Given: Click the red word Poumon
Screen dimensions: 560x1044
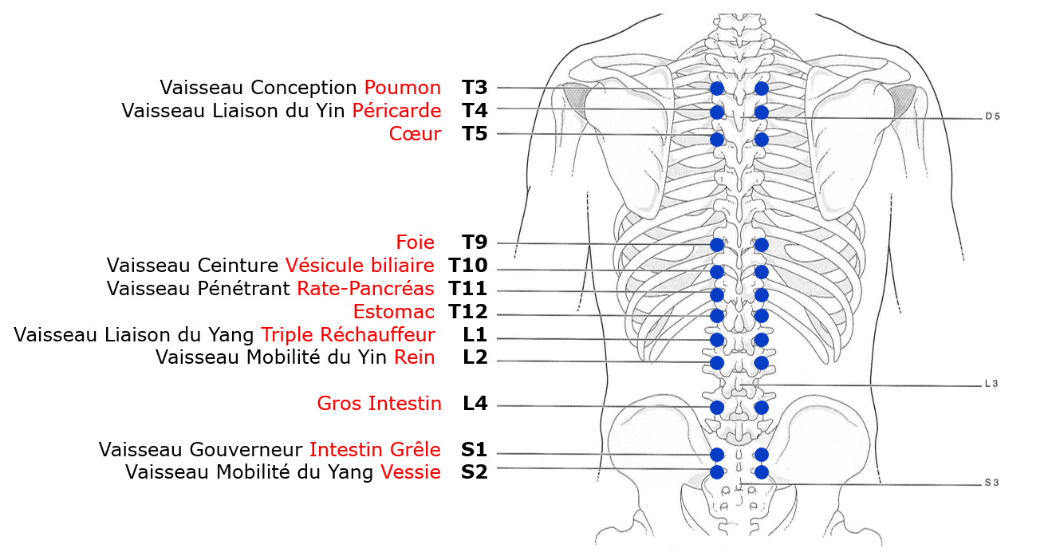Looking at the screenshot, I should [x=402, y=88].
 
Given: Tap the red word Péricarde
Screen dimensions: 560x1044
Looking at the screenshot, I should [x=396, y=110].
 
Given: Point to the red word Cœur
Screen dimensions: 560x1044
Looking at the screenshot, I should [x=415, y=134].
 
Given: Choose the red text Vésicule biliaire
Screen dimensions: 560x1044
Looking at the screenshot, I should [x=360, y=266].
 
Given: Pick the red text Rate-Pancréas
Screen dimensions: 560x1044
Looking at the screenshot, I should [x=365, y=289].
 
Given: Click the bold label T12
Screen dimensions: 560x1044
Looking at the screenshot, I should [x=467, y=312].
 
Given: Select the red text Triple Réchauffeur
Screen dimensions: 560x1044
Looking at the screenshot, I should [x=348, y=335].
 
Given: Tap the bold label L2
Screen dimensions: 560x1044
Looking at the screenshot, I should [x=475, y=357].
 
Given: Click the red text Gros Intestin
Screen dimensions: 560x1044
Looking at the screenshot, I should [x=379, y=404].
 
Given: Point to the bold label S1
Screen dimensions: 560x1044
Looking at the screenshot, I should [x=474, y=450].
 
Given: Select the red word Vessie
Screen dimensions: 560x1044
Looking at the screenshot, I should [x=410, y=472].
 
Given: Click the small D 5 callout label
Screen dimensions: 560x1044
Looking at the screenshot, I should [x=991, y=116].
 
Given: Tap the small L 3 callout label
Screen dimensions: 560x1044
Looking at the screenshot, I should [x=991, y=384].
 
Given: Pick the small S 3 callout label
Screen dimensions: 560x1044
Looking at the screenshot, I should [x=991, y=483].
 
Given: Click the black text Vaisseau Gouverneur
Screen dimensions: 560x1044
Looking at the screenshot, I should [x=201, y=450].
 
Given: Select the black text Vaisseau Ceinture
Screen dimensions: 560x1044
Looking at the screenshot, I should [x=192, y=266].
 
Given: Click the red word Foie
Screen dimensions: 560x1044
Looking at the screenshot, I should [x=415, y=243].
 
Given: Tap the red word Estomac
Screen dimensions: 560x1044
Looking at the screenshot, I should [x=393, y=312].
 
